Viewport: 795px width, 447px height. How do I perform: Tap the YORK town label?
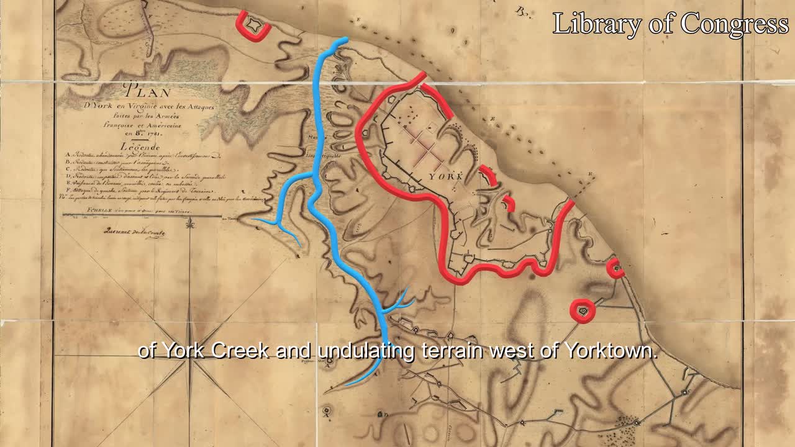(445, 176)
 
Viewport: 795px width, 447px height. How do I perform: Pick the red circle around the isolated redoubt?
(583, 310)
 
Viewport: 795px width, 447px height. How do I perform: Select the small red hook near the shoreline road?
(615, 268)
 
